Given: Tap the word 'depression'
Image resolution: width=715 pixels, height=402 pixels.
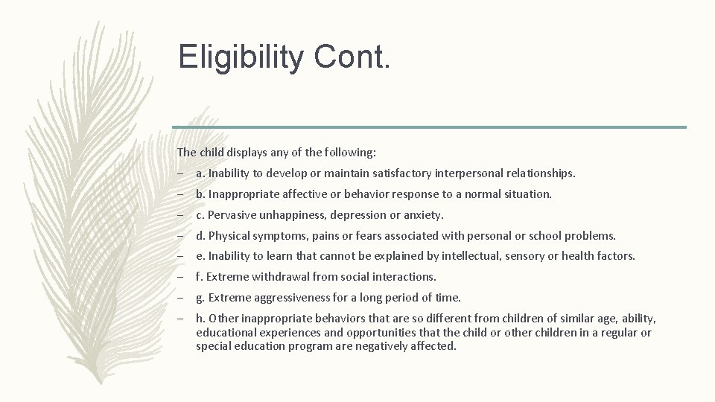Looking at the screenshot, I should click(x=355, y=214).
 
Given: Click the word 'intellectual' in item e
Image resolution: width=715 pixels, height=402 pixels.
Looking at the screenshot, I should click(x=471, y=255).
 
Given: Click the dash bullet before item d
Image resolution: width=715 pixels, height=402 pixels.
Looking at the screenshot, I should click(x=181, y=235).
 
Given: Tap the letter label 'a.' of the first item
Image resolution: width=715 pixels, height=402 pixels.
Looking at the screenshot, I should click(x=200, y=173).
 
